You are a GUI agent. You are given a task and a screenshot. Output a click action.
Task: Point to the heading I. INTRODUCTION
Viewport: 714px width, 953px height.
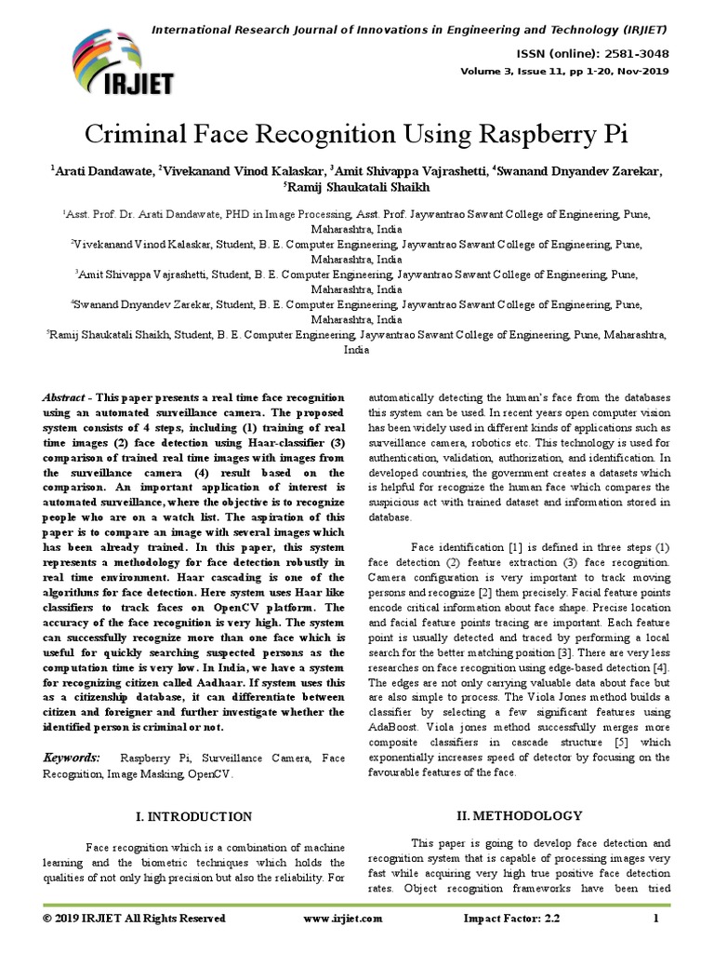(x=193, y=817)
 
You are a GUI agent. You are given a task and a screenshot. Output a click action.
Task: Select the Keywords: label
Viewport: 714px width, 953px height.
(x=73, y=758)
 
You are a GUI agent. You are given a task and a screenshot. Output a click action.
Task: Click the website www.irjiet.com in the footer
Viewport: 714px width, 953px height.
(x=343, y=919)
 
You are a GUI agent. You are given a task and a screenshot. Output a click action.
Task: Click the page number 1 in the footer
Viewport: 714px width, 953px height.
(x=656, y=919)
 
